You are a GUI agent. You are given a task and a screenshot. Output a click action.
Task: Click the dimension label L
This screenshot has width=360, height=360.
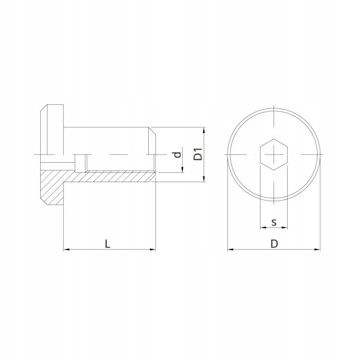(108, 244)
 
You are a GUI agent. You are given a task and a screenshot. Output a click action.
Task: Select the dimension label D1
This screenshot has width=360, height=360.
(198, 154)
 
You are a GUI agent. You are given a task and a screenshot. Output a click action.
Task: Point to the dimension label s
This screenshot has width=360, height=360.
(274, 222)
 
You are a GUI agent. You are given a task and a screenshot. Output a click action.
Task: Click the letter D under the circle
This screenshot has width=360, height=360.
(274, 244)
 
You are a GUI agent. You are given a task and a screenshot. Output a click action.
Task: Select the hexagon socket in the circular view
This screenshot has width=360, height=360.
(274, 155)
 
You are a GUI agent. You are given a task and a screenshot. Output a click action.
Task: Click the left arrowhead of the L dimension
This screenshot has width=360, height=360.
(66, 249)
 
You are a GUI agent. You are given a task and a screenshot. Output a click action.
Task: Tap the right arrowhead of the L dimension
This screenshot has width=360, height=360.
(153, 249)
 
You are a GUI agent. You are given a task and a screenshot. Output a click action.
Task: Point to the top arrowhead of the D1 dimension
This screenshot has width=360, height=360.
(204, 130)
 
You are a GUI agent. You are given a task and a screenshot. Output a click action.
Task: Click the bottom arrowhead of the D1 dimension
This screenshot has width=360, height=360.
(204, 179)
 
